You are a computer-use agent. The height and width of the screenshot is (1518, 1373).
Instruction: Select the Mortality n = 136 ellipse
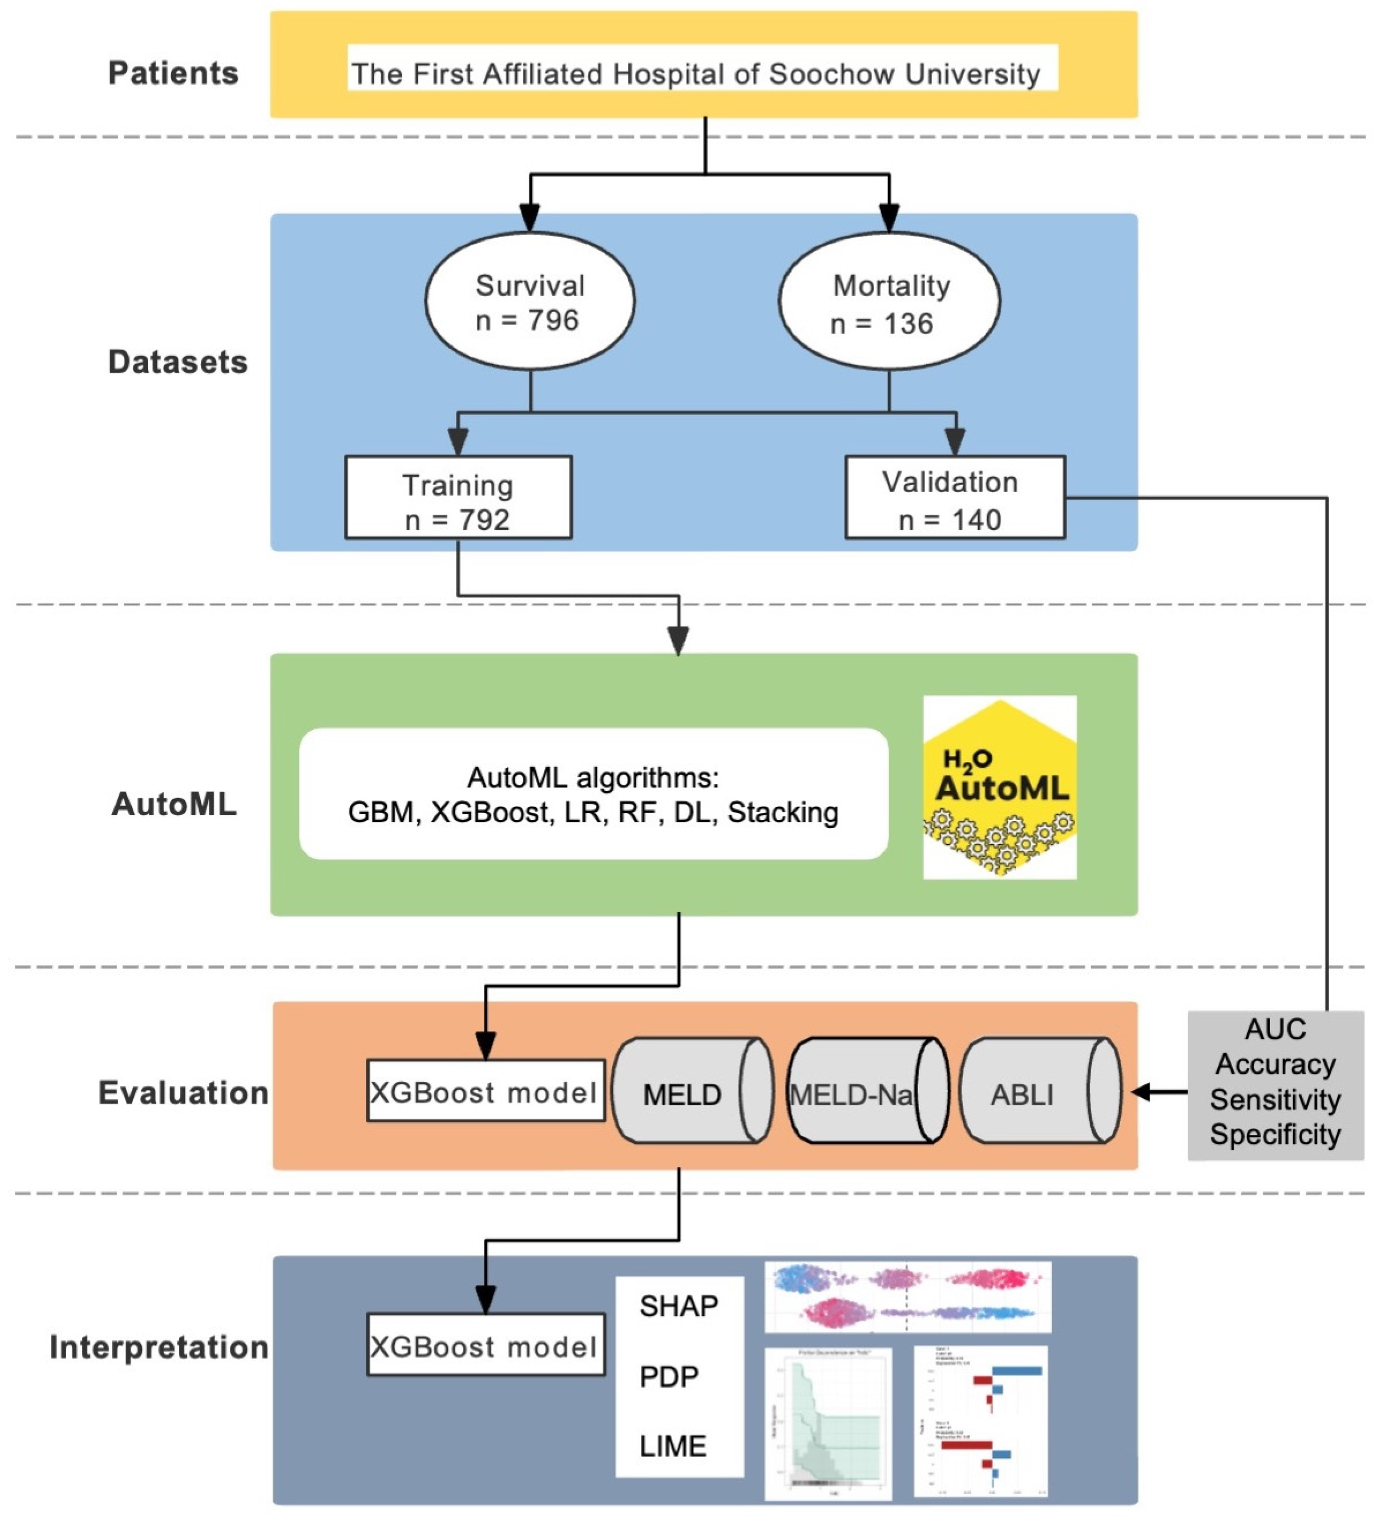tap(889, 302)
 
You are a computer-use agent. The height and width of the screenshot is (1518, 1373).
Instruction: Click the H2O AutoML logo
tap(999, 787)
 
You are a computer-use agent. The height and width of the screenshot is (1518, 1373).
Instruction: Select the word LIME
tap(673, 1446)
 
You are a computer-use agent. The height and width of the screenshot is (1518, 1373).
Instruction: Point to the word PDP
tap(669, 1377)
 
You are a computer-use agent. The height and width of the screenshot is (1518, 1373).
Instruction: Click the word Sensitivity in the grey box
tap(1275, 1100)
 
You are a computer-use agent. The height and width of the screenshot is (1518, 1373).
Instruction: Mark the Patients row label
tap(173, 74)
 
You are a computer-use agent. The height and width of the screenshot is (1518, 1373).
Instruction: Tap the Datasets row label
tap(178, 362)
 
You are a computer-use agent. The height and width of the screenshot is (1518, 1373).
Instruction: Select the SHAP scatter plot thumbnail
tap(907, 1297)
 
